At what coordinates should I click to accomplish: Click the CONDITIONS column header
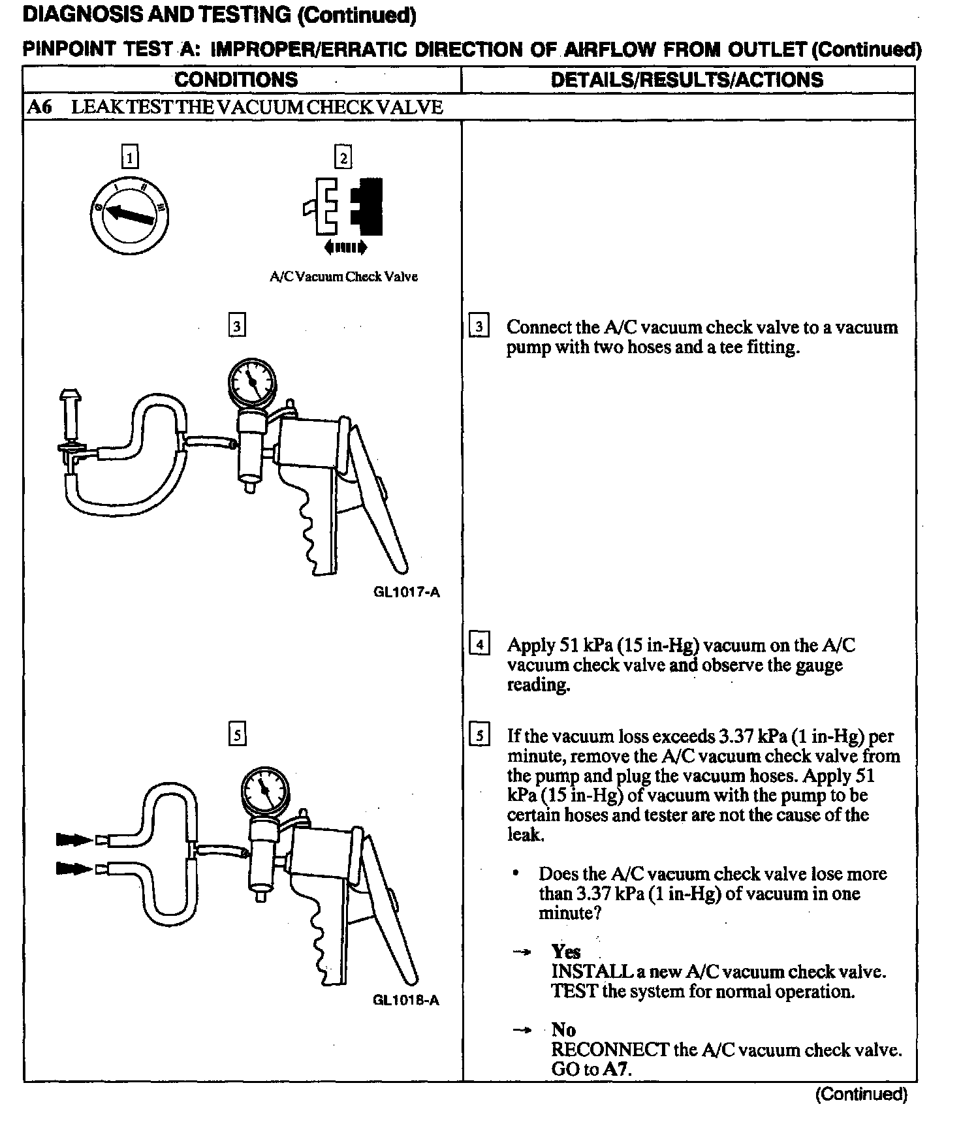236,80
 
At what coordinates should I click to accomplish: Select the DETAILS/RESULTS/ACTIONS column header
687,80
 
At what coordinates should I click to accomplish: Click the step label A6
40,107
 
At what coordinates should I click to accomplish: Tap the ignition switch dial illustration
129,215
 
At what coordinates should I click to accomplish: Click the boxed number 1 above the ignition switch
131,157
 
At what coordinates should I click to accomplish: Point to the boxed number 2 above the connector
343,157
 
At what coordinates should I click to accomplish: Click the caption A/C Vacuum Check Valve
343,276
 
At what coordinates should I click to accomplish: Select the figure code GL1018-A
406,999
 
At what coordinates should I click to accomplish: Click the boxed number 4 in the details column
480,645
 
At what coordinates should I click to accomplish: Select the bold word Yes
565,951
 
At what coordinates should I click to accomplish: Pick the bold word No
563,1029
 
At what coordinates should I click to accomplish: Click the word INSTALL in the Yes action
582,971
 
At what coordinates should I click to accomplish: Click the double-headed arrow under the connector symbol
345,247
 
